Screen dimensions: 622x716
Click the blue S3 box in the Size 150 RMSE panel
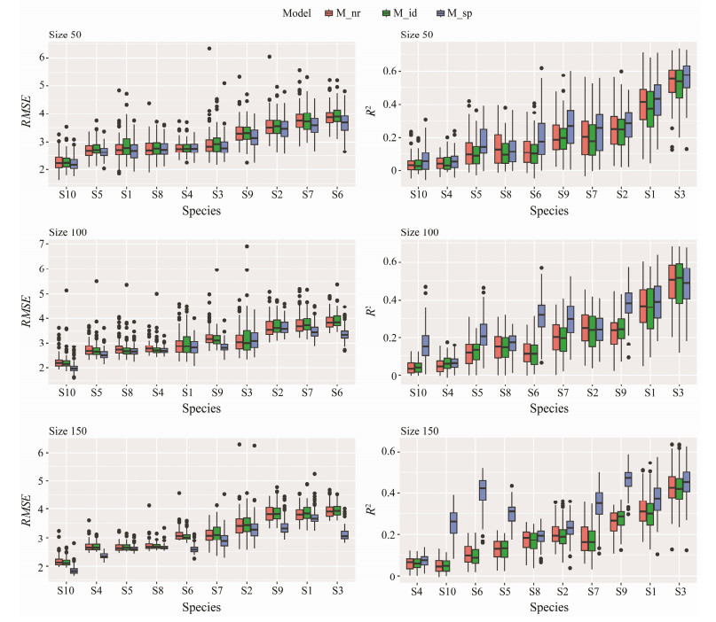[x=345, y=535]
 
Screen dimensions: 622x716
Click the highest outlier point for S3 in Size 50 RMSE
[x=209, y=49]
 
